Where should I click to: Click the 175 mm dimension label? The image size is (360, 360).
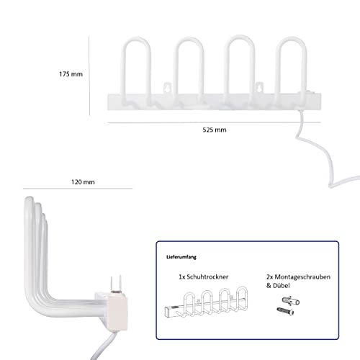pyautogui.click(x=71, y=74)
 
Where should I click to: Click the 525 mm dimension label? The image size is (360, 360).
pyautogui.click(x=215, y=130)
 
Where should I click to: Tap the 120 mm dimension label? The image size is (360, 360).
pyautogui.click(x=83, y=182)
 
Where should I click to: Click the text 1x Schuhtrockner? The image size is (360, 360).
pyautogui.click(x=204, y=276)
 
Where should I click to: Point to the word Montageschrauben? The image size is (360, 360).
pyautogui.click(x=302, y=277)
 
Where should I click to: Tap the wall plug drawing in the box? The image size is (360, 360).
pyautogui.click(x=291, y=301)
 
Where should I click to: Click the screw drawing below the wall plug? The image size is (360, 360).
pyautogui.click(x=285, y=311)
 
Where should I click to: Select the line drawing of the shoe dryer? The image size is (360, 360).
pyautogui.click(x=206, y=303)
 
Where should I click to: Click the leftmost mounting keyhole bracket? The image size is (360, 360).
pyautogui.click(x=167, y=88)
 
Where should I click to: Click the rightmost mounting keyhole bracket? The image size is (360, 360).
pyautogui.click(x=259, y=88)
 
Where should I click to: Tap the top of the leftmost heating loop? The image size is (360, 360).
pyautogui.click(x=137, y=38)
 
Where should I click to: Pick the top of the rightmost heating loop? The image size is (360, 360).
pyautogui.click(x=291, y=37)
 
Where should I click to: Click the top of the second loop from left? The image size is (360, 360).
pyautogui.click(x=189, y=38)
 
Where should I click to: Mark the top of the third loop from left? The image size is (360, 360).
pyautogui.click(x=240, y=37)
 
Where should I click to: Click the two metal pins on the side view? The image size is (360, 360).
pyautogui.click(x=116, y=284)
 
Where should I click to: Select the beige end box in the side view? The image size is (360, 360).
pyautogui.click(x=117, y=312)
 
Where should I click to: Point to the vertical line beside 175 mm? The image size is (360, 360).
pyautogui.click(x=89, y=76)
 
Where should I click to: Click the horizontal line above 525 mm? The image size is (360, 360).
pyautogui.click(x=214, y=122)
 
